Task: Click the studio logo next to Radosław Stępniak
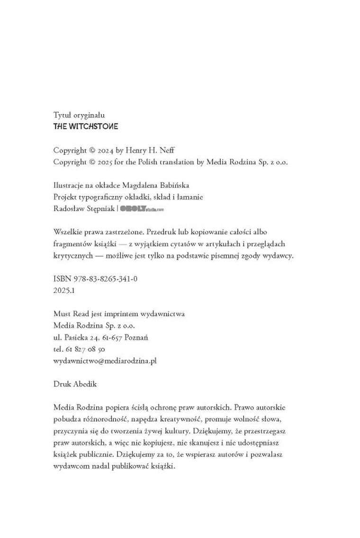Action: click(x=142, y=208)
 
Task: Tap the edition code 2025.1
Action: click(x=64, y=290)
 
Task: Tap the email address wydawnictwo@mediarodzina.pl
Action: click(x=105, y=360)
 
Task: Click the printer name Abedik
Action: click(x=85, y=384)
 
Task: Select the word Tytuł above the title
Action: click(x=62, y=115)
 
